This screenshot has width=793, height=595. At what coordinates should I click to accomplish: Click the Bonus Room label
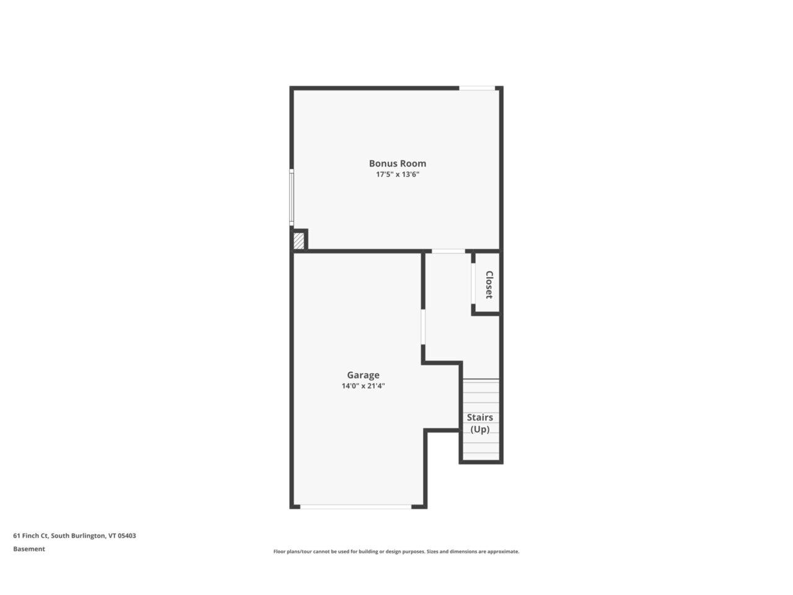[397, 164]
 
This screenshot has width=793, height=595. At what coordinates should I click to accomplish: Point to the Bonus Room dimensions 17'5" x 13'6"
[397, 175]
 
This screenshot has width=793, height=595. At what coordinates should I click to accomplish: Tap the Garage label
[363, 375]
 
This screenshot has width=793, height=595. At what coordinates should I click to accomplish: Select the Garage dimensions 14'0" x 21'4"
[363, 386]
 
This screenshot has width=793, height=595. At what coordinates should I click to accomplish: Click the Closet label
[489, 284]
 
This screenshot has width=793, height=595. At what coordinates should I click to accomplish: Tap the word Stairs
[480, 417]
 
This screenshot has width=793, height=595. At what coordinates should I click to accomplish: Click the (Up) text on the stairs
[480, 430]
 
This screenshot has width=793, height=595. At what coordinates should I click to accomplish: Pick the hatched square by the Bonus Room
[299, 240]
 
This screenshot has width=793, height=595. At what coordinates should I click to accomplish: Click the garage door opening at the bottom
[356, 507]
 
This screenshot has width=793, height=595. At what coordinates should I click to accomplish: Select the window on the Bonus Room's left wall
[292, 196]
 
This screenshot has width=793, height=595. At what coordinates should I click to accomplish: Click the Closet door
[473, 283]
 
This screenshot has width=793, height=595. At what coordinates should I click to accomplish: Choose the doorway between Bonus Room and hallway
[448, 251]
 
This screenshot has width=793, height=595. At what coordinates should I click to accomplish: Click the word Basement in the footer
[29, 549]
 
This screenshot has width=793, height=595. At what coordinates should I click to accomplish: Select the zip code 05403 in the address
[127, 535]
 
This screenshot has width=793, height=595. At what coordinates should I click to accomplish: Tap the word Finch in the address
[29, 535]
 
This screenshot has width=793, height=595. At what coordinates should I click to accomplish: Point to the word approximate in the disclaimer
[504, 552]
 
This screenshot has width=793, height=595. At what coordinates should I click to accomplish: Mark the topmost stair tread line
[481, 379]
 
